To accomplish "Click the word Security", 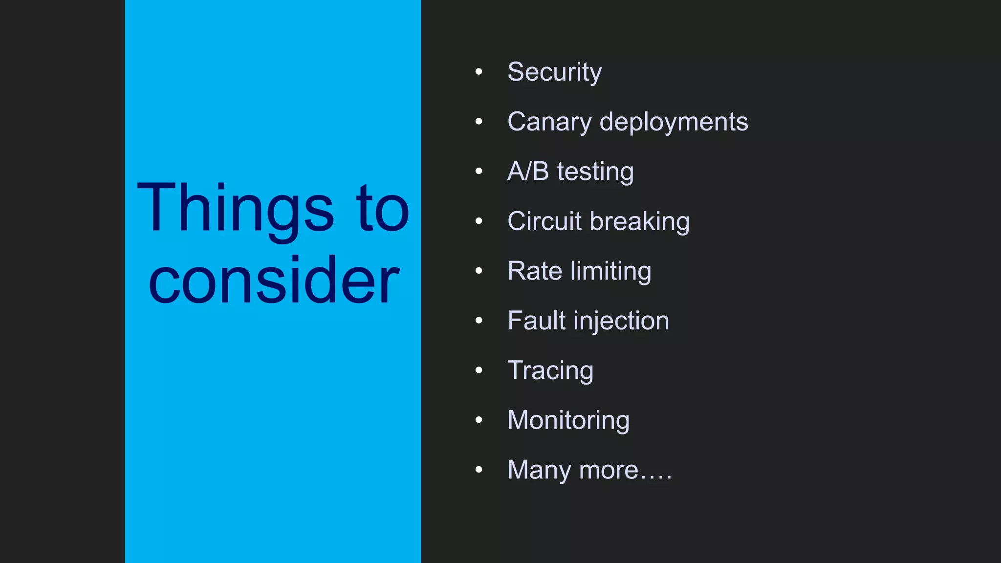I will tap(554, 72).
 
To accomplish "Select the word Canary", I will tap(549, 122).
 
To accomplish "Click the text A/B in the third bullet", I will tap(528, 172).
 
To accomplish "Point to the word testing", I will tap(595, 173).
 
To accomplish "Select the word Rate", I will tap(535, 271).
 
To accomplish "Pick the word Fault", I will tap(536, 321).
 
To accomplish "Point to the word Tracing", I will tap(550, 371).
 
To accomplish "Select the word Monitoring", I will tap(568, 420).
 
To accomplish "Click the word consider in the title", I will tap(274, 281).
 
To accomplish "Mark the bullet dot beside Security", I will tap(479, 72).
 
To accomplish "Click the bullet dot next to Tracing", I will tap(479, 370).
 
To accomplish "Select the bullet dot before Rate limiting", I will tap(479, 271).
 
